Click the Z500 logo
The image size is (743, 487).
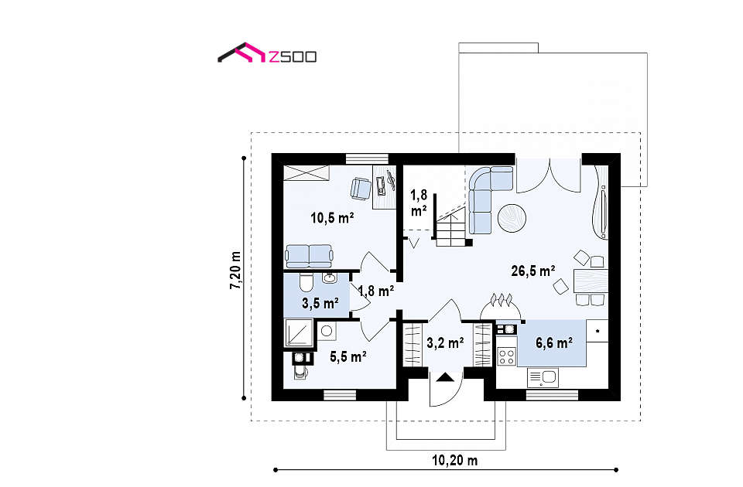(x=267, y=53)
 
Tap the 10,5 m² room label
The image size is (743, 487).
(x=332, y=218)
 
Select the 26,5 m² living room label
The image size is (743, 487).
(x=533, y=271)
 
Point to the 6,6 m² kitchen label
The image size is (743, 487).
(x=554, y=342)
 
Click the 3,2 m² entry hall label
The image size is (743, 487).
(x=445, y=342)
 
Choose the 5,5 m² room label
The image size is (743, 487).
(x=348, y=356)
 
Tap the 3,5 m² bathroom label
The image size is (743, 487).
(x=320, y=303)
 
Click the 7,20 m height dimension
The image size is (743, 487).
(x=235, y=270)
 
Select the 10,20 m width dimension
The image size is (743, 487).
(x=454, y=460)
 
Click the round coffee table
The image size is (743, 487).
(x=512, y=218)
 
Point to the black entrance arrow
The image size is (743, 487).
(x=445, y=377)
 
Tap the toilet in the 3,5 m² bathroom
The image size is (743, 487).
(x=306, y=283)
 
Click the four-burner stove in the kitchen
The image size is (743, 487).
(x=506, y=356)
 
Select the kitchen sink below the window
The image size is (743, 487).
(x=543, y=378)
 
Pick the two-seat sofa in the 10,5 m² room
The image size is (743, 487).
(x=309, y=256)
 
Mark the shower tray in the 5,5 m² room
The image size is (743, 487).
(x=299, y=332)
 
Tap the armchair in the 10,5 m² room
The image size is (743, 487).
(x=361, y=189)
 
